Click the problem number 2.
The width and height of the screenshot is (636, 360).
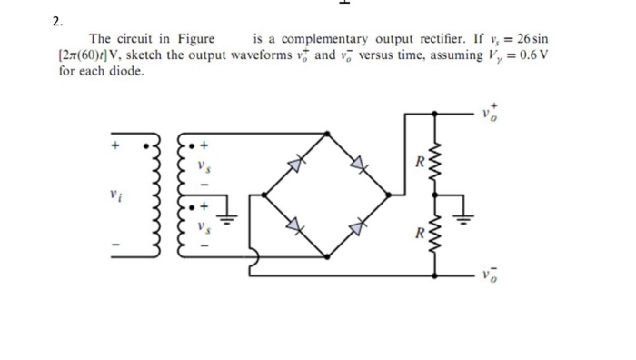[x=55, y=19]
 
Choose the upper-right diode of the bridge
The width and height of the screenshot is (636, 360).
[x=358, y=164]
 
